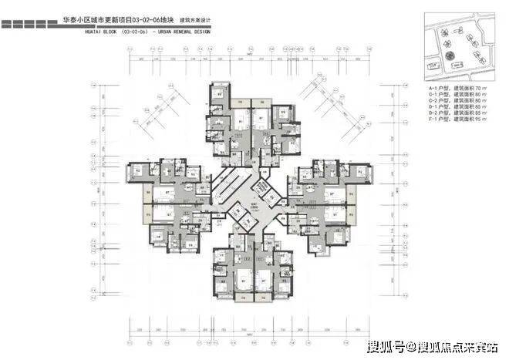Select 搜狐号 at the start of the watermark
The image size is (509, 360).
point(387,345)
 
